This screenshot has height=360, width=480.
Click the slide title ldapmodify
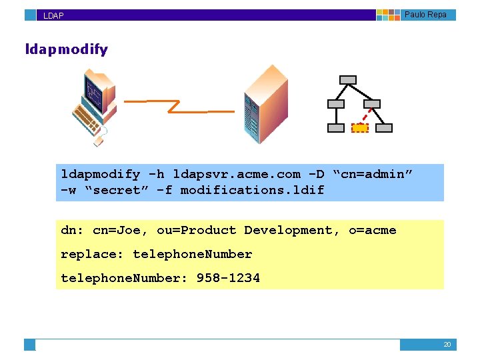coord(66,49)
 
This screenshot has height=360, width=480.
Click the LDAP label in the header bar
coord(53,15)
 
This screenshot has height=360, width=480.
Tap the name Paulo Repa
coord(425,15)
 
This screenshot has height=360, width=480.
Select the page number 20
coord(447,345)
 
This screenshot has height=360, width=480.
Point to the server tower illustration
coord(265,105)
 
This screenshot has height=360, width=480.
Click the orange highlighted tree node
coord(360,128)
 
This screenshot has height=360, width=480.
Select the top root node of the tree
coord(348,80)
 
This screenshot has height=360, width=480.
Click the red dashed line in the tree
coord(366,116)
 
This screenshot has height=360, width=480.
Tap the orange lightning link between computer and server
coord(179,107)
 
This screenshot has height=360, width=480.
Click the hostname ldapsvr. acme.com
coord(237,175)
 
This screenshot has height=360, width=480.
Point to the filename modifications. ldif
coord(252,190)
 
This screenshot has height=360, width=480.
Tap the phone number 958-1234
coord(228,278)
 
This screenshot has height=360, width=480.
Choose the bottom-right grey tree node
coord(385,128)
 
